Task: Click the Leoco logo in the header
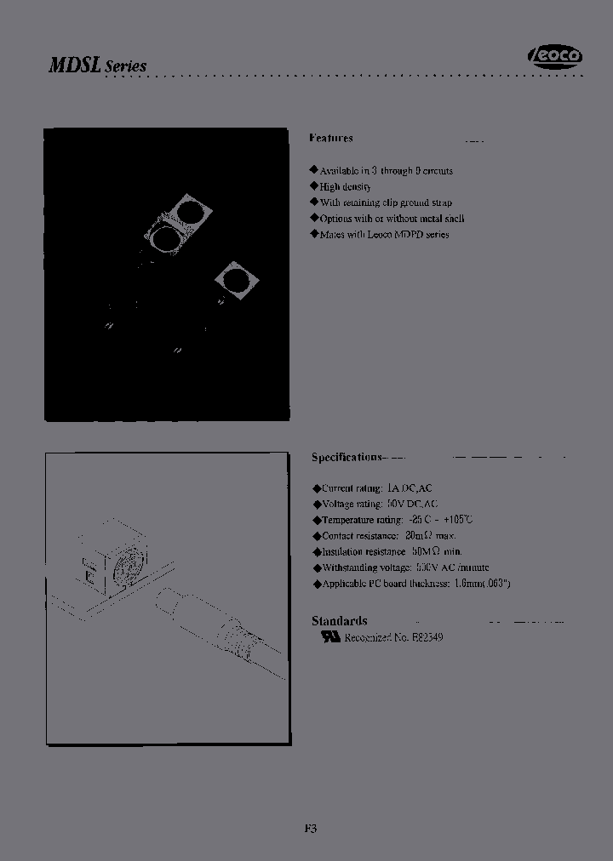tap(555, 56)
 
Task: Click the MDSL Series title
tap(98, 66)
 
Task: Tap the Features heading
tap(330, 138)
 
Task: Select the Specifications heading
tap(347, 458)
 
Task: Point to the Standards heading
tap(339, 621)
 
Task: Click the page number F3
tap(310, 828)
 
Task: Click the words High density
tap(345, 186)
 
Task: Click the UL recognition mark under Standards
tap(329, 636)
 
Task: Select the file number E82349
tap(425, 637)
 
